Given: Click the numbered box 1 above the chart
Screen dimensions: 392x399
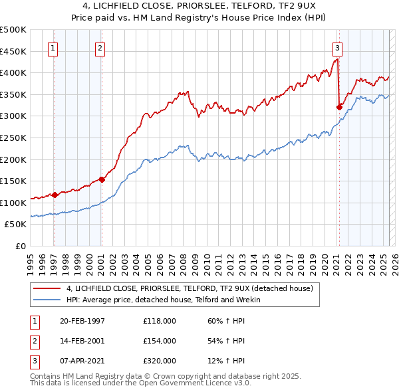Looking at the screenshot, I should pos(53,47).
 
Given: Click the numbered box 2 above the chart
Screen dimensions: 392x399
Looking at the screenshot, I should pos(99,47).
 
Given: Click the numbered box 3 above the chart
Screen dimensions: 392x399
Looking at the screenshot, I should pos(337,47).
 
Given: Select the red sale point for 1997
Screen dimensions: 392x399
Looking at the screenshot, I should pos(55,195).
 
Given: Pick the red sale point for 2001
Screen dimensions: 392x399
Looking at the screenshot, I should pos(102,179).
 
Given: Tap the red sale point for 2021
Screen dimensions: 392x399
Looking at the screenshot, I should pos(339,107).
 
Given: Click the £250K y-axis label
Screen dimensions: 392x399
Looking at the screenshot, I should pos(13,138).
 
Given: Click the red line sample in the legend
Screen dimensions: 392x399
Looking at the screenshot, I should pos(47,288).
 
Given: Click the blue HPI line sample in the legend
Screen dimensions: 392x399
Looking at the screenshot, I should pos(47,300).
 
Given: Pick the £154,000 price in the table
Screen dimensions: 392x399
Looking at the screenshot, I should pos(160,341).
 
